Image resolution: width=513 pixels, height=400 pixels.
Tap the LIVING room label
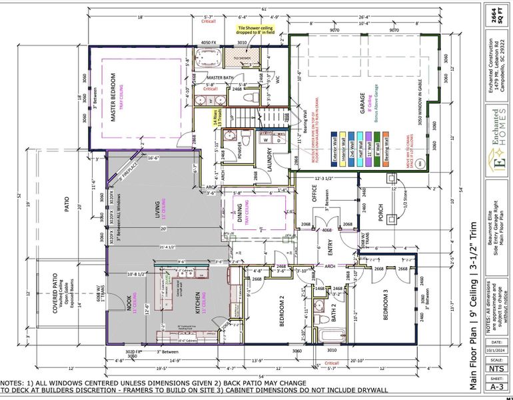tap(159, 208)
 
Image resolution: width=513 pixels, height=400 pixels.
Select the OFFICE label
tap(313, 191)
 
